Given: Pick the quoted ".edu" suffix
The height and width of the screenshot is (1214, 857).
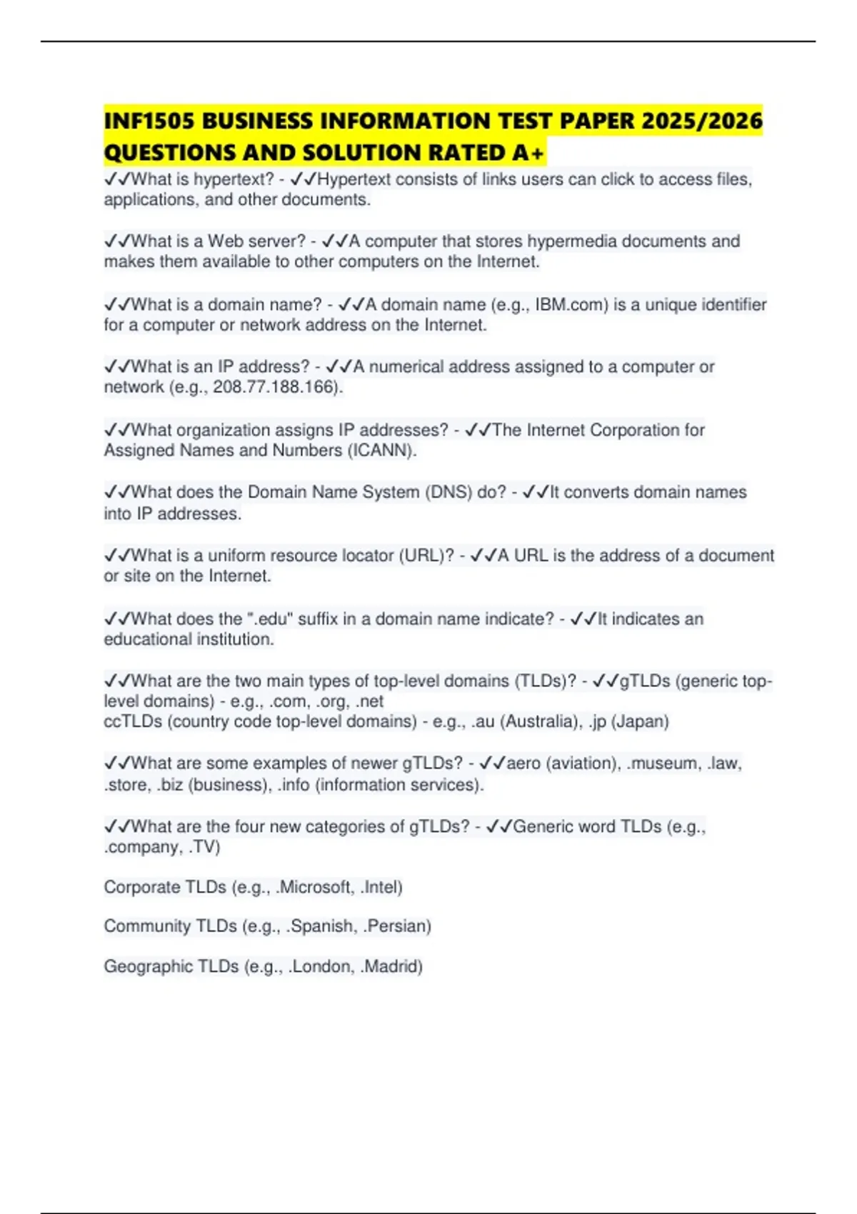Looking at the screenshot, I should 270,619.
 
